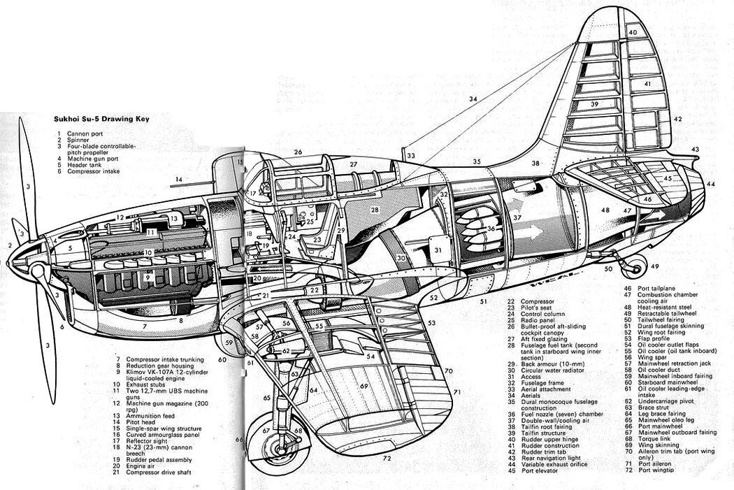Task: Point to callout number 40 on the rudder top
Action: point(633,33)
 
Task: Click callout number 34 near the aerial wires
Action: point(474,100)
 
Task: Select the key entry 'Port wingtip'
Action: point(658,470)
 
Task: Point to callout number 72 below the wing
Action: point(387,459)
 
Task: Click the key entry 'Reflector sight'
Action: point(148,441)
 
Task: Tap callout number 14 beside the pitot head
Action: point(179,180)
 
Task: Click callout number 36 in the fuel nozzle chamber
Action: point(492,228)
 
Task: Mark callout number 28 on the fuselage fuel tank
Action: point(375,210)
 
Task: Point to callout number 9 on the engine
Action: point(148,277)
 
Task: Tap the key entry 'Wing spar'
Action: point(654,357)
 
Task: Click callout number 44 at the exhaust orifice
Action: point(711,183)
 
